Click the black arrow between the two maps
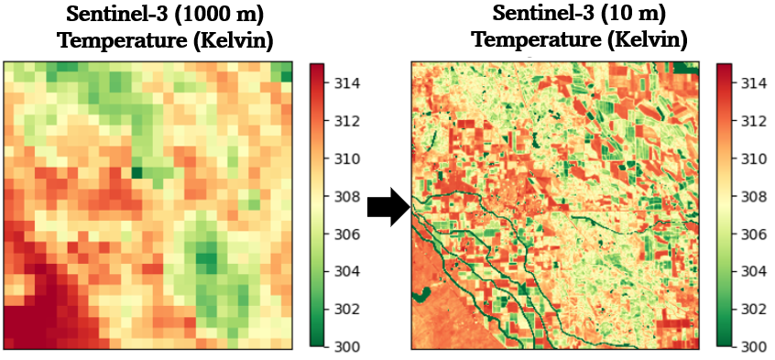pyautogui.click(x=389, y=207)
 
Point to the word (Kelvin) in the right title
pyautogui.click(x=648, y=39)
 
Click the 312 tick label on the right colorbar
pyautogui.click(x=748, y=120)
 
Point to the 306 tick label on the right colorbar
pyautogui.click(x=748, y=234)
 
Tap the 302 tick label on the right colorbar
pyautogui.click(x=748, y=310)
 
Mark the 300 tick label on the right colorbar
pyautogui.click(x=748, y=346)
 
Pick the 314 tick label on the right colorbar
pyautogui.click(x=748, y=82)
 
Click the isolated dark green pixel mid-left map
pyautogui.click(x=136, y=172)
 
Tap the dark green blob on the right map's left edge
pyautogui.click(x=420, y=296)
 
